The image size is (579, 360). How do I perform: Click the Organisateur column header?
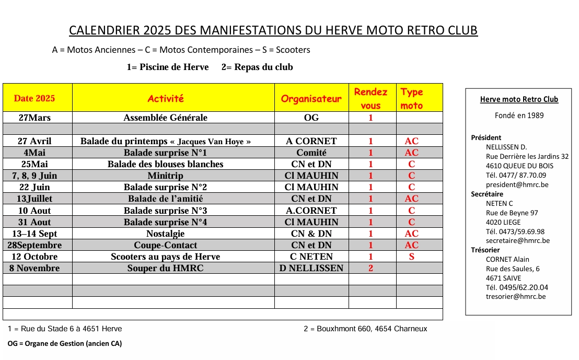(311, 99)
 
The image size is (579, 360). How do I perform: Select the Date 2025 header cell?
(34, 98)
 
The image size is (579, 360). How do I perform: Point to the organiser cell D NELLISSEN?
(311, 268)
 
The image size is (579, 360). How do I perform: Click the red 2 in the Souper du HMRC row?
(371, 268)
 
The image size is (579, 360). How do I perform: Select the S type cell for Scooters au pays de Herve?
(412, 257)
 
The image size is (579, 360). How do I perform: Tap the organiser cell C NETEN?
(311, 257)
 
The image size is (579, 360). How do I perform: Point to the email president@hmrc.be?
(517, 184)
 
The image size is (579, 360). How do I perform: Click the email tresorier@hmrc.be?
(515, 296)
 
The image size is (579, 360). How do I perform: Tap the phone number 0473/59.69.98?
(515, 231)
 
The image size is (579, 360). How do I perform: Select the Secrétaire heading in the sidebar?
(487, 194)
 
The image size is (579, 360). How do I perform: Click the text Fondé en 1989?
(519, 115)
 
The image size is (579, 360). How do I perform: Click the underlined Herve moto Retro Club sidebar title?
(519, 99)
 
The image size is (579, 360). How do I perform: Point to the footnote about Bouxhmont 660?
(365, 329)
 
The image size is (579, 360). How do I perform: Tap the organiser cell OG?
(311, 118)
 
